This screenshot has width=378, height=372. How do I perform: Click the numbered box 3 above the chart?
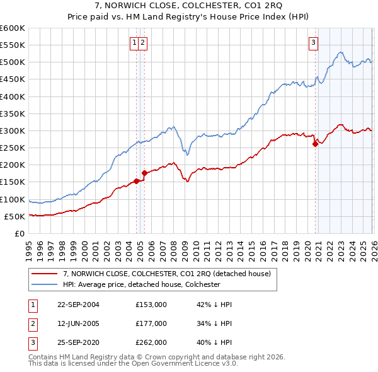(313, 43)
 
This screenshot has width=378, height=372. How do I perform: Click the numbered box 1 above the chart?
(134, 43)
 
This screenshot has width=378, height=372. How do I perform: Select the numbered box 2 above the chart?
(143, 43)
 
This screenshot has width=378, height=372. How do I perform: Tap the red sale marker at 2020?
(315, 144)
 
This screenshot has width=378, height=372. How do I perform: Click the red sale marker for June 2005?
(144, 173)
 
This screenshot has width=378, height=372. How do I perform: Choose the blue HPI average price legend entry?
(149, 284)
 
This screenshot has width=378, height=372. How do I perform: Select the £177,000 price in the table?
(151, 323)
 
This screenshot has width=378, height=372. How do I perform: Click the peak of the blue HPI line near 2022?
(340, 52)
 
